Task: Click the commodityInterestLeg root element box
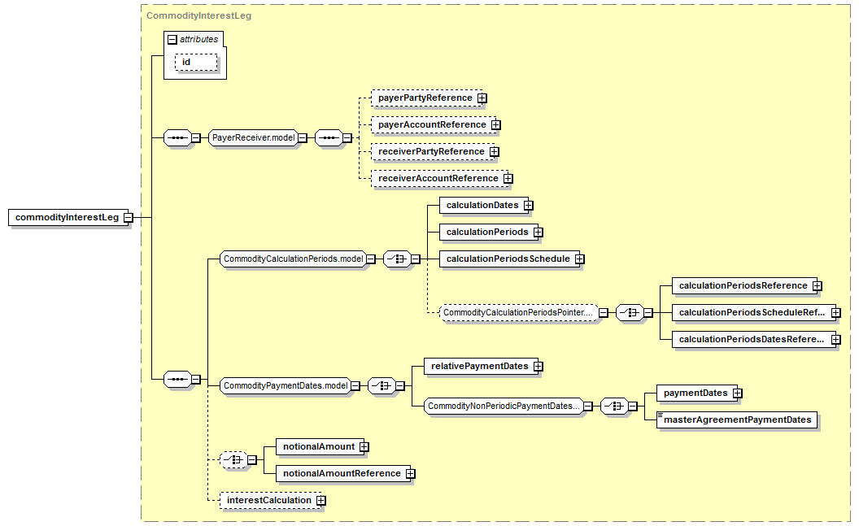pos(68,217)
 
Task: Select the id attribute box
pos(196,63)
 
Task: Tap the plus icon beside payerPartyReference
pos(482,98)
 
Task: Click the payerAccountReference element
pos(432,125)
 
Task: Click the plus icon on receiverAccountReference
pos(508,178)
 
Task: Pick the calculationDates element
pos(482,205)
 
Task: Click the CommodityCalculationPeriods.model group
pos(293,259)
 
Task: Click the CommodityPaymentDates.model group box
pos(286,386)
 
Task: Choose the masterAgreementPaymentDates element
pos(737,419)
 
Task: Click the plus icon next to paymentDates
pos(738,393)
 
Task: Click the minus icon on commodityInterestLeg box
pos(129,217)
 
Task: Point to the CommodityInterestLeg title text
pos(198,15)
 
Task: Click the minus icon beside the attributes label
pos(172,39)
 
